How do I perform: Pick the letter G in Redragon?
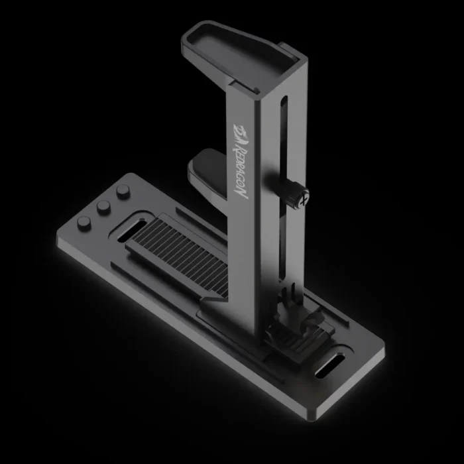(241, 176)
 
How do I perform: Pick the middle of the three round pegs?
(103, 207)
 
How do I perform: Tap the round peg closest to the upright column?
(122, 192)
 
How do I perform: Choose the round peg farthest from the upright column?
(84, 222)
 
